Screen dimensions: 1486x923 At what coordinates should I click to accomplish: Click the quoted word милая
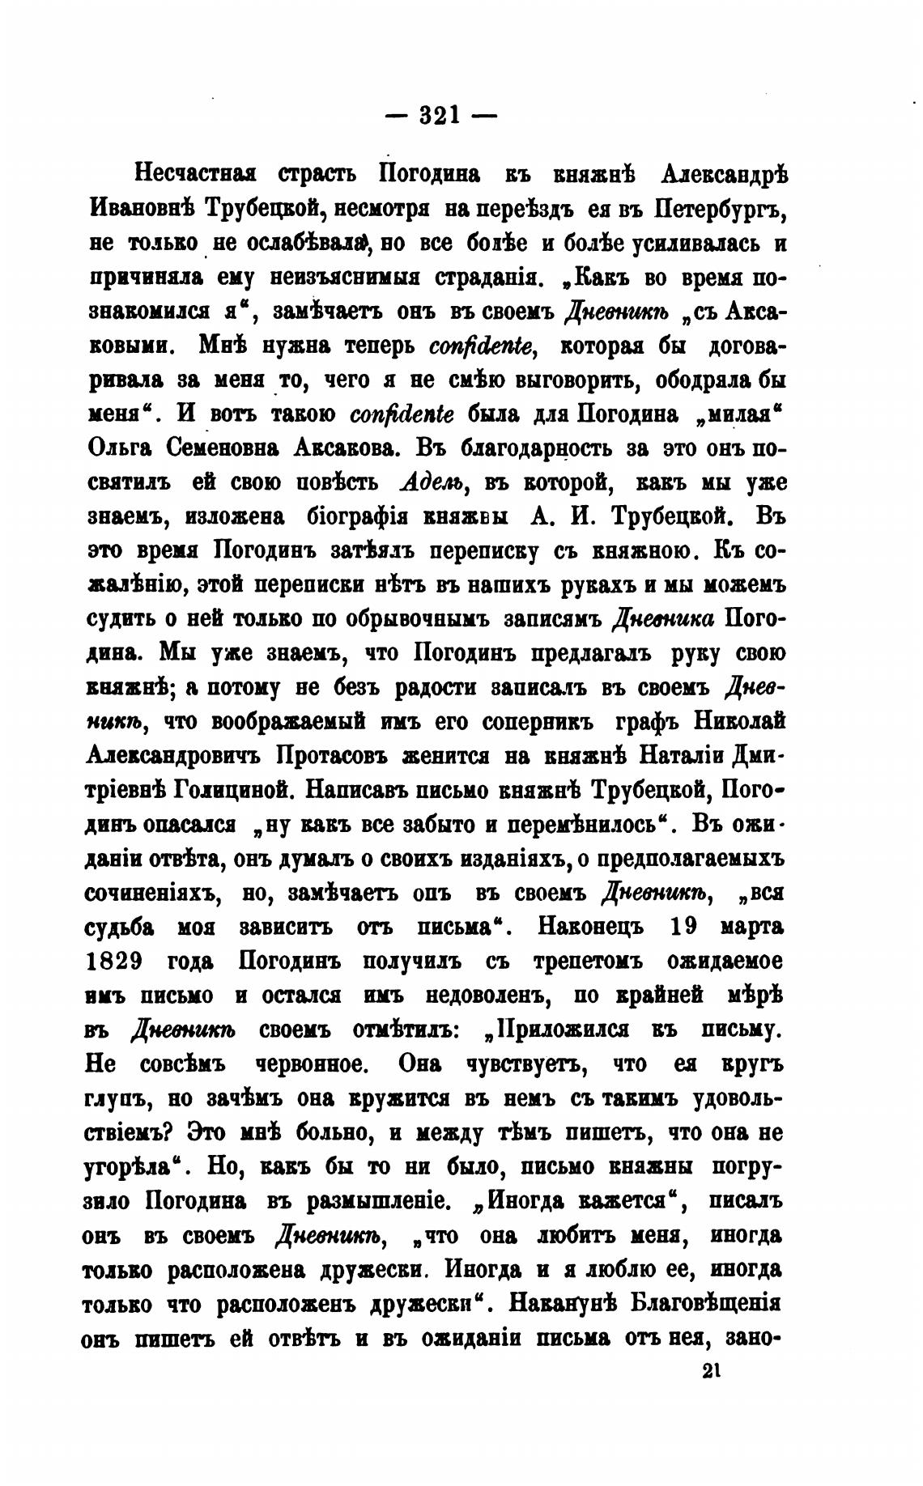point(742,414)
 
